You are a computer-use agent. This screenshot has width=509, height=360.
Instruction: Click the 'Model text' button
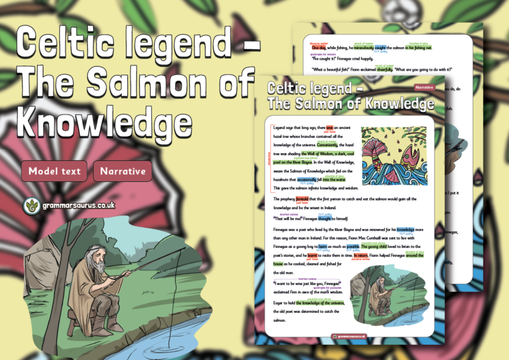[x=54, y=171]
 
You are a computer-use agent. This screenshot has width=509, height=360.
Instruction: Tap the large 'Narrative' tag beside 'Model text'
[x=123, y=171]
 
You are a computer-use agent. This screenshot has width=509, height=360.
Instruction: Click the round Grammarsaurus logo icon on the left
[x=30, y=206]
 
